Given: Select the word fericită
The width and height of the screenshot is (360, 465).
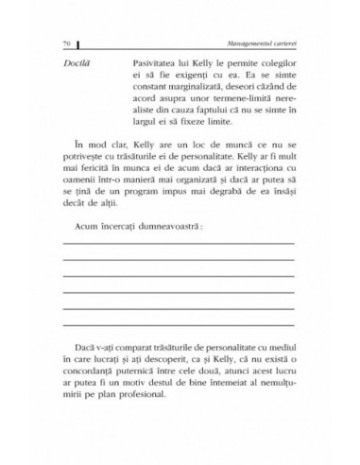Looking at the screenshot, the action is pyautogui.click(x=107, y=191).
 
